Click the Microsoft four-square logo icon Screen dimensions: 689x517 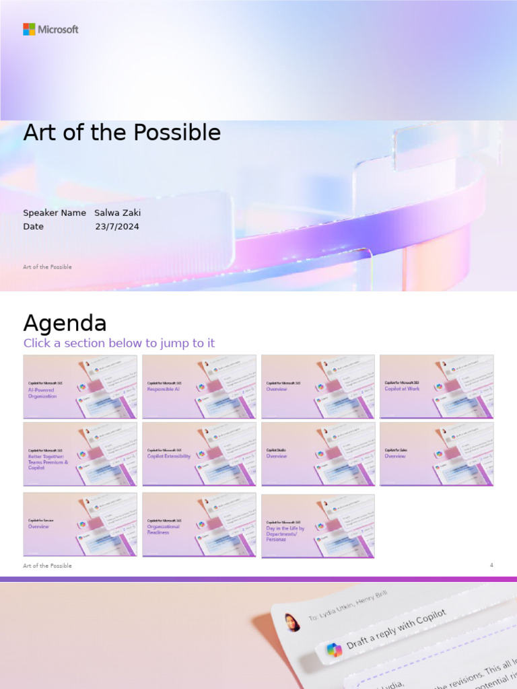click(29, 29)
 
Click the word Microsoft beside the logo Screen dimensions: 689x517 click(59, 30)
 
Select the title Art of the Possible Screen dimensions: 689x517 click(122, 133)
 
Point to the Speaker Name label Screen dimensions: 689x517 click(55, 213)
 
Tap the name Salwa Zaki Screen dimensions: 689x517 click(117, 213)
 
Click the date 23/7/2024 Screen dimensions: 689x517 click(117, 227)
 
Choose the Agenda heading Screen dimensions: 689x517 click(65, 323)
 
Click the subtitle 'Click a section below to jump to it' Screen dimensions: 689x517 click(119, 343)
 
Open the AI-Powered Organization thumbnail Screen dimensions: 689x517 click(80, 387)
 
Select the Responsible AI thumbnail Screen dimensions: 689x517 click(199, 387)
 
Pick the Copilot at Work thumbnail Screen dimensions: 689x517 click(436, 387)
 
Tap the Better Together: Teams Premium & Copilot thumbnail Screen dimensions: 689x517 click(80, 454)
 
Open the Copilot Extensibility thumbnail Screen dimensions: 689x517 click(199, 454)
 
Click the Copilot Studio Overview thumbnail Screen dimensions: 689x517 click(318, 454)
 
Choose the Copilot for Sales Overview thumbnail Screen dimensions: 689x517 click(436, 454)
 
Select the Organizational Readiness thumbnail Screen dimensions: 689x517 click(199, 525)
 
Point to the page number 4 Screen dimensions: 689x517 click(491, 565)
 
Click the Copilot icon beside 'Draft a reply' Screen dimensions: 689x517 click(334, 650)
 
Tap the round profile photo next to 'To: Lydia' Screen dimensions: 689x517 click(292, 622)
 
